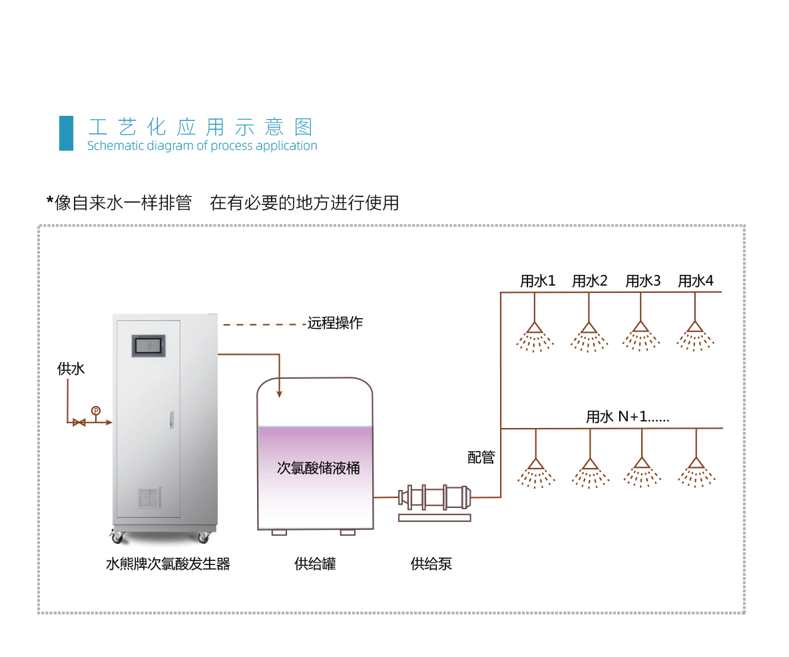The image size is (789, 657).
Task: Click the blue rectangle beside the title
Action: [x=66, y=133]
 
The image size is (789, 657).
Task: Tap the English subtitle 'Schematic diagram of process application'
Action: [x=202, y=146]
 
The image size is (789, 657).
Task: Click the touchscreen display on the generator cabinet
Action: [x=148, y=345]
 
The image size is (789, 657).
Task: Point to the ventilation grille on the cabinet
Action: [x=149, y=497]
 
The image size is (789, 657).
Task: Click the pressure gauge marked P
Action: [x=96, y=411]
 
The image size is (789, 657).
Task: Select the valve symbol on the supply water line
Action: [x=79, y=423]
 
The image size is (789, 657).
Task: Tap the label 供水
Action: [x=71, y=369]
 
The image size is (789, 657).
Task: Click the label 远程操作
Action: [x=335, y=323]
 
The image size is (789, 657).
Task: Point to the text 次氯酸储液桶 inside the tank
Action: [x=318, y=468]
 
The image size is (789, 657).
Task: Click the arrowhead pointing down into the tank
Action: [x=279, y=394]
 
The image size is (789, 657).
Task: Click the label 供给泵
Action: [x=431, y=564]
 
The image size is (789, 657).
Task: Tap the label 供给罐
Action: [x=315, y=564]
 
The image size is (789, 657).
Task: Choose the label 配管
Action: [x=481, y=457]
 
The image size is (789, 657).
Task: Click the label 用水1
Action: [x=538, y=281]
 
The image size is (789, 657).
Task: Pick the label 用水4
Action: [x=695, y=281]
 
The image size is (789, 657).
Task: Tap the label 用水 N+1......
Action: [x=627, y=417]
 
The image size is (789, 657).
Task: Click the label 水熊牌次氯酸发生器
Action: [x=168, y=564]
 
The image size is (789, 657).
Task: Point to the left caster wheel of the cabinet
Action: [x=117, y=539]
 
